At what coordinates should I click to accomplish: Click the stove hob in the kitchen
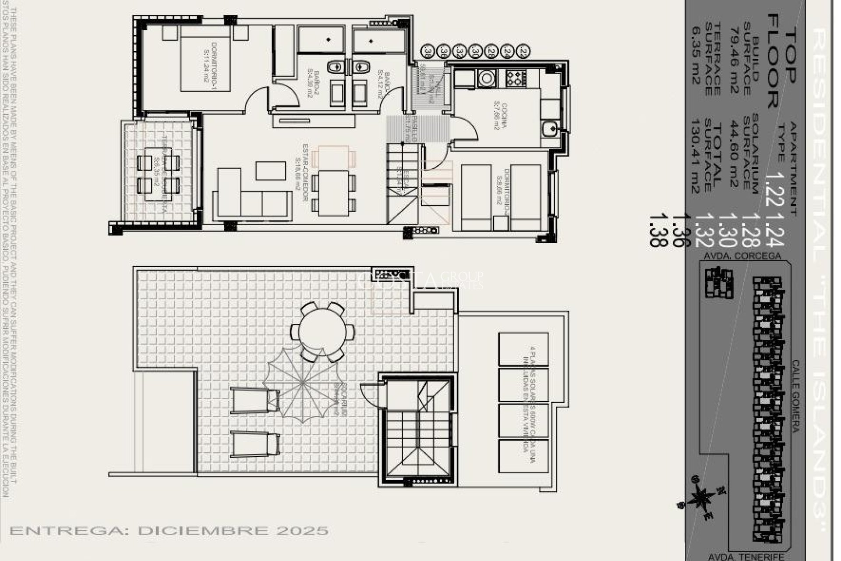click(x=516, y=78)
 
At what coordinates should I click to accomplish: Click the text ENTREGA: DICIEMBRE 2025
click(x=169, y=531)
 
